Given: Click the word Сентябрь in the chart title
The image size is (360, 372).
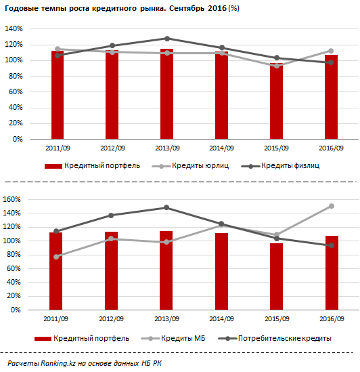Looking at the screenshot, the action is (x=187, y=8).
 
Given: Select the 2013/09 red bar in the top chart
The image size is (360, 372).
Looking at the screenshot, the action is (x=167, y=94).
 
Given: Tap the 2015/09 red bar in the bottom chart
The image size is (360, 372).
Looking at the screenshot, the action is (x=276, y=276).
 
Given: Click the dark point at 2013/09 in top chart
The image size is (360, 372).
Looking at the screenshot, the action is (x=167, y=39).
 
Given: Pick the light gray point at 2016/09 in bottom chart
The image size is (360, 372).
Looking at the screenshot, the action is (x=332, y=206).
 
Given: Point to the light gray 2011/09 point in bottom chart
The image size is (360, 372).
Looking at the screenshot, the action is (x=56, y=257).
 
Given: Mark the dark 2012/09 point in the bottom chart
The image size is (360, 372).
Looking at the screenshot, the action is (x=111, y=215).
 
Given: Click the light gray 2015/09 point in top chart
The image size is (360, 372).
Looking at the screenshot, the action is (x=277, y=66).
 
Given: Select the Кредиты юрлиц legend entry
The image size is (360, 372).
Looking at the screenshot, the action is (x=190, y=165).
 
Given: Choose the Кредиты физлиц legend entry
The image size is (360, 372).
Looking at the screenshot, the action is (x=280, y=165).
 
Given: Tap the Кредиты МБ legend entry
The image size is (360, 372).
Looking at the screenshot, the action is (x=173, y=338).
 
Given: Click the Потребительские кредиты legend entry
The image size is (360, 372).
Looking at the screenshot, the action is (x=275, y=338).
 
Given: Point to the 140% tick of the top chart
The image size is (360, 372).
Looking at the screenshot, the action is (x=14, y=28).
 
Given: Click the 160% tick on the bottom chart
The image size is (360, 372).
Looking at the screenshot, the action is (x=12, y=199).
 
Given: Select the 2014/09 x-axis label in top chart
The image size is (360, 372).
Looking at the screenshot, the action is (x=221, y=148).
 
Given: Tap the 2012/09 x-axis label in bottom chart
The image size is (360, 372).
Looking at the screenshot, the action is (x=111, y=319).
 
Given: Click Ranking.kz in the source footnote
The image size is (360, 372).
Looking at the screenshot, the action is (x=58, y=363).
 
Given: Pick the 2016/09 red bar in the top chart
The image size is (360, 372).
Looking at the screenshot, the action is (x=331, y=97).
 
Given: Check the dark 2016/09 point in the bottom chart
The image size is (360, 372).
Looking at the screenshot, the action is (x=332, y=245).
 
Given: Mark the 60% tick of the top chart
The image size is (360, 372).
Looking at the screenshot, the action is (x=16, y=91).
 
